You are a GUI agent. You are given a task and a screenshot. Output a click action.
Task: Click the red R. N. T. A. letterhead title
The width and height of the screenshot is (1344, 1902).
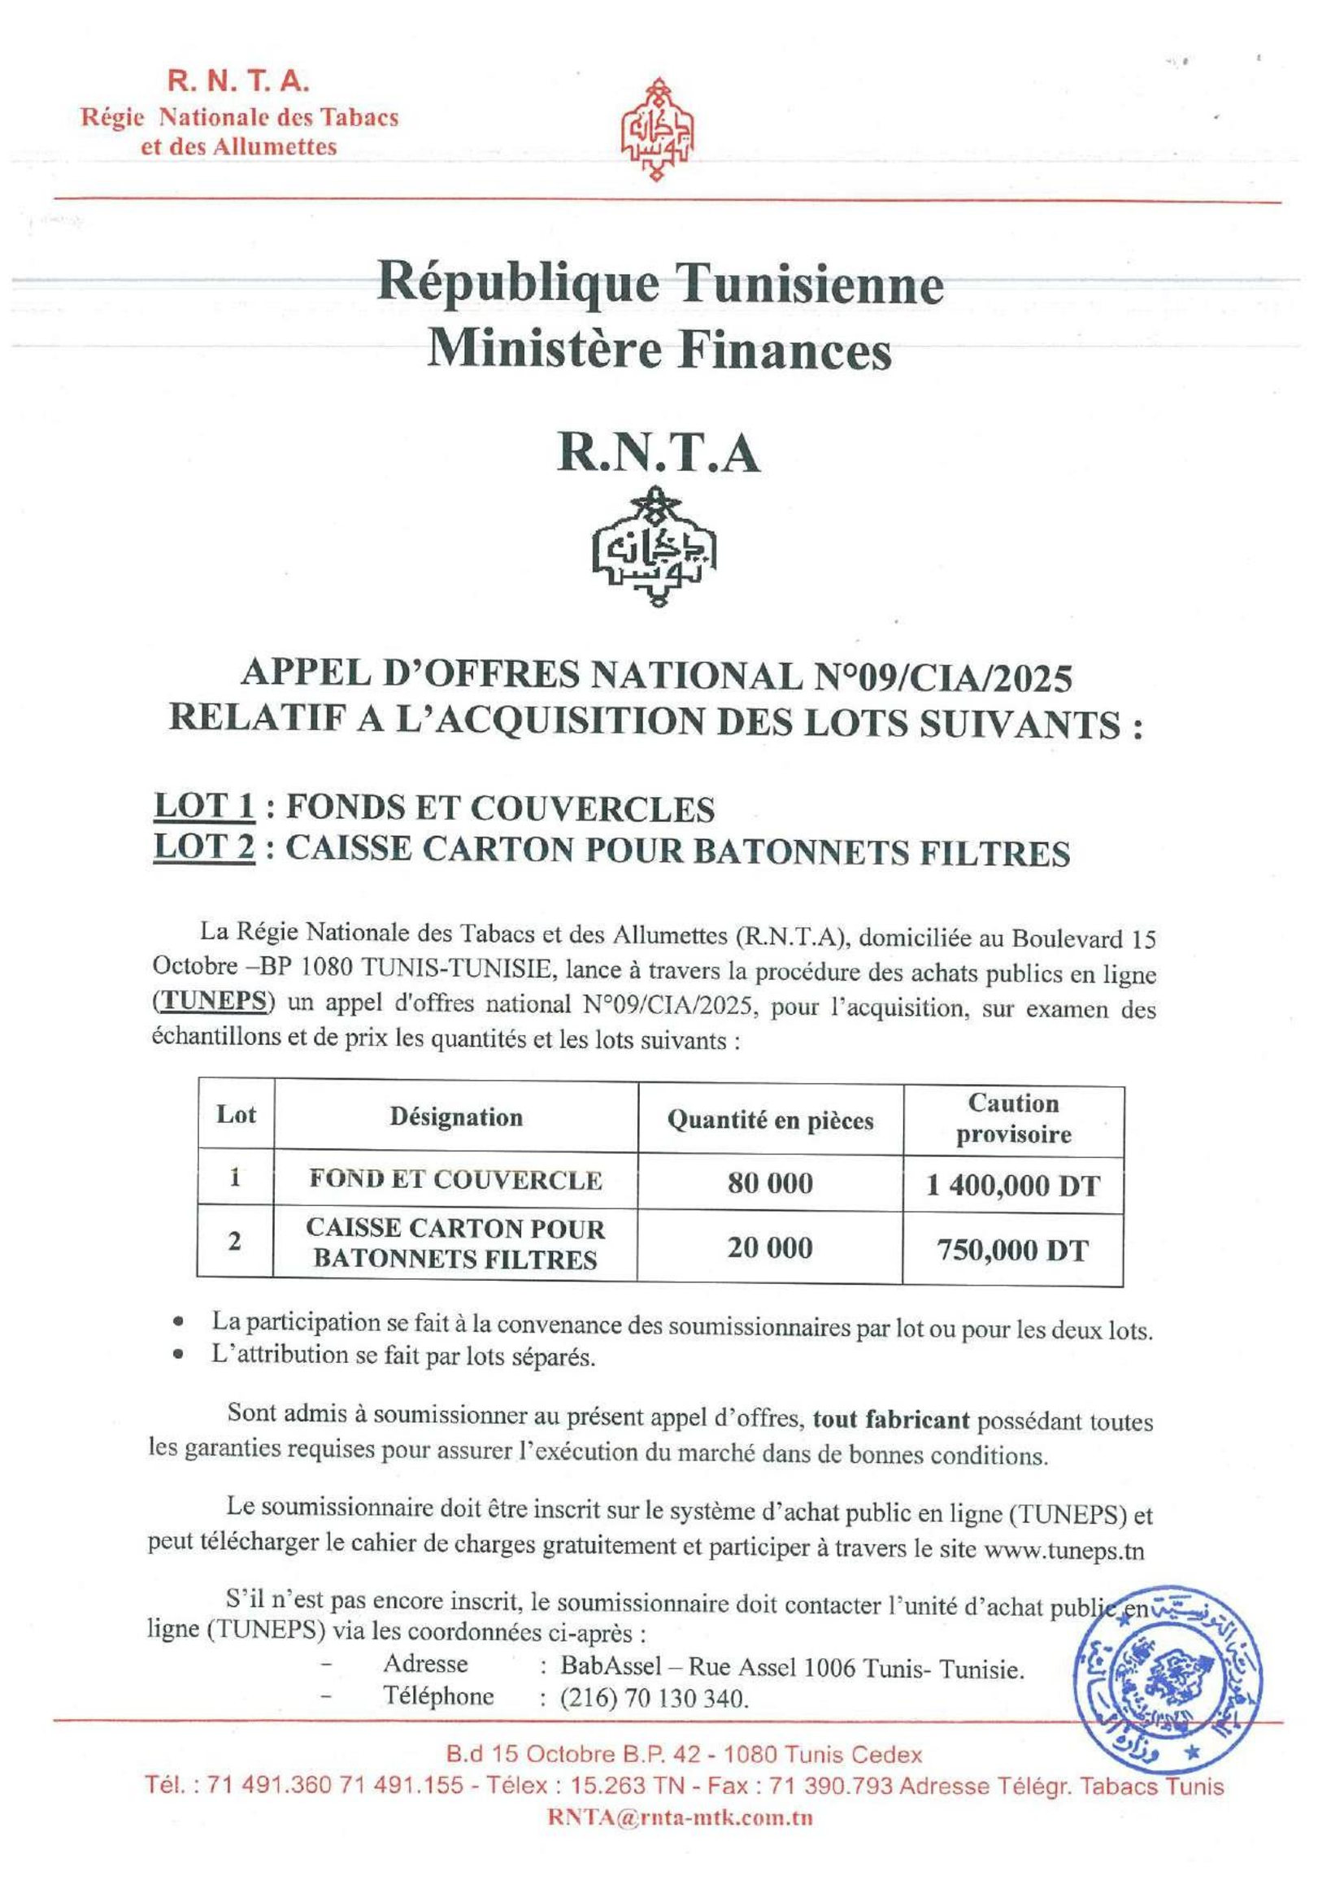pyautogui.click(x=238, y=81)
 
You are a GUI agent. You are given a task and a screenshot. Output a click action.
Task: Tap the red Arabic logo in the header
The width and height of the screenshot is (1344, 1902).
pyautogui.click(x=658, y=130)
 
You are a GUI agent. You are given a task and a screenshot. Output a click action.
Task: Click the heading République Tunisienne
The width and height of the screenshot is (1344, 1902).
pyautogui.click(x=660, y=284)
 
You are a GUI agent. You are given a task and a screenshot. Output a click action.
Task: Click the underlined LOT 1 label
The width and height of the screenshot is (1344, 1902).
pyautogui.click(x=204, y=807)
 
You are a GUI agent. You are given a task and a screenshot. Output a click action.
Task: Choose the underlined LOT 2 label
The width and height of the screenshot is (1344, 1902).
pyautogui.click(x=204, y=850)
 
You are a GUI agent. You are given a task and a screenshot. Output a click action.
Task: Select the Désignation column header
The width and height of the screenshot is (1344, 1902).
pyautogui.click(x=456, y=1117)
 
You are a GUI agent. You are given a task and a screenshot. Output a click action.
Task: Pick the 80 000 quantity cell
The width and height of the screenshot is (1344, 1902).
pyautogui.click(x=770, y=1183)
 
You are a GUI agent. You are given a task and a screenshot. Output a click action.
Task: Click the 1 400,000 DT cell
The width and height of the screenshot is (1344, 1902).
pyautogui.click(x=1013, y=1186)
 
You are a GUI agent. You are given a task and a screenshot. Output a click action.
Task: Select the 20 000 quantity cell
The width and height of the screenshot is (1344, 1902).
pyautogui.click(x=770, y=1247)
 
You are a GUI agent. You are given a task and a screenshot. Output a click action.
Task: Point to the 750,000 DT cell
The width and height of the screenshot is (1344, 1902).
pyautogui.click(x=1012, y=1249)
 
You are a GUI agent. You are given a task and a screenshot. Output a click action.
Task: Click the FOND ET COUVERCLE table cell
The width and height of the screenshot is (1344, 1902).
pyautogui.click(x=455, y=1180)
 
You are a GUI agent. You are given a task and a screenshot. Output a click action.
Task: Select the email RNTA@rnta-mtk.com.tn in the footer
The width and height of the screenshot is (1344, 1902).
pyautogui.click(x=680, y=1817)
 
